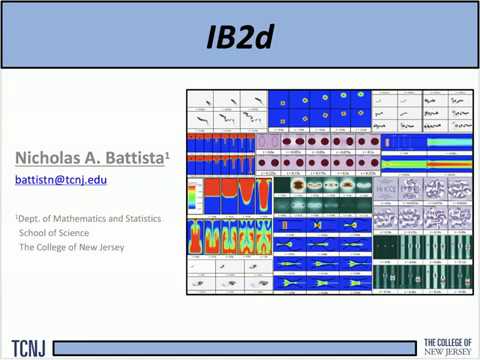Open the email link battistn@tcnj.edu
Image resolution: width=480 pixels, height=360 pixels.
tap(61, 181)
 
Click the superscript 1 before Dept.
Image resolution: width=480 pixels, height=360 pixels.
tap(17, 217)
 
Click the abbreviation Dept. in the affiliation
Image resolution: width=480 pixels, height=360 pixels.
tap(30, 219)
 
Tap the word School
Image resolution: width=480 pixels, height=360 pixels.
tap(36, 233)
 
